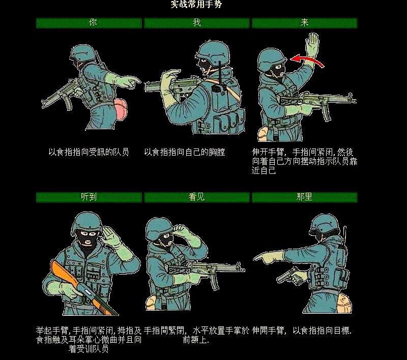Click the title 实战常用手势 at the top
[x=196, y=5]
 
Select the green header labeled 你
[x=89, y=23]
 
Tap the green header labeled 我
[x=197, y=23]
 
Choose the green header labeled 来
[x=304, y=23]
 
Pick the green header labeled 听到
[x=89, y=197]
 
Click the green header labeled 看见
[x=197, y=197]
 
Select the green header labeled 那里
[x=304, y=197]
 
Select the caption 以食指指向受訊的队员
[x=89, y=152]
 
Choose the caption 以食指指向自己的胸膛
[x=184, y=152]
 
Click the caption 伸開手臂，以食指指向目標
[x=302, y=331]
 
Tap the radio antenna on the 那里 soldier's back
[x=345, y=231]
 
